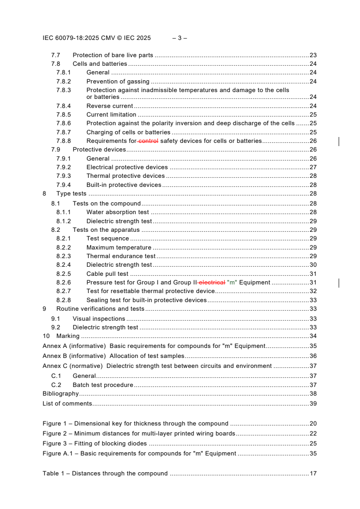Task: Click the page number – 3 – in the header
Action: (x=180, y=38)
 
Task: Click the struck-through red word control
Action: (x=148, y=141)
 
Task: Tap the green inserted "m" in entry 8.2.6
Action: (x=232, y=283)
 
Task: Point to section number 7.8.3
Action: (x=64, y=90)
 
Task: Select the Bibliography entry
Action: (x=60, y=394)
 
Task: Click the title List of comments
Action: (x=67, y=404)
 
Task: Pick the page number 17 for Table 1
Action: (x=313, y=474)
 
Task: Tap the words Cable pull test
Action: (x=107, y=274)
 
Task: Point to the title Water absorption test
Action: (x=118, y=212)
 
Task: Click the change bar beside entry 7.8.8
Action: (x=339, y=142)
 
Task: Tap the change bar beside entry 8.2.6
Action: (x=339, y=283)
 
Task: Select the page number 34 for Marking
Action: (x=313, y=336)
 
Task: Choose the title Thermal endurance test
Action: (x=121, y=256)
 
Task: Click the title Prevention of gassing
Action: (x=118, y=82)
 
